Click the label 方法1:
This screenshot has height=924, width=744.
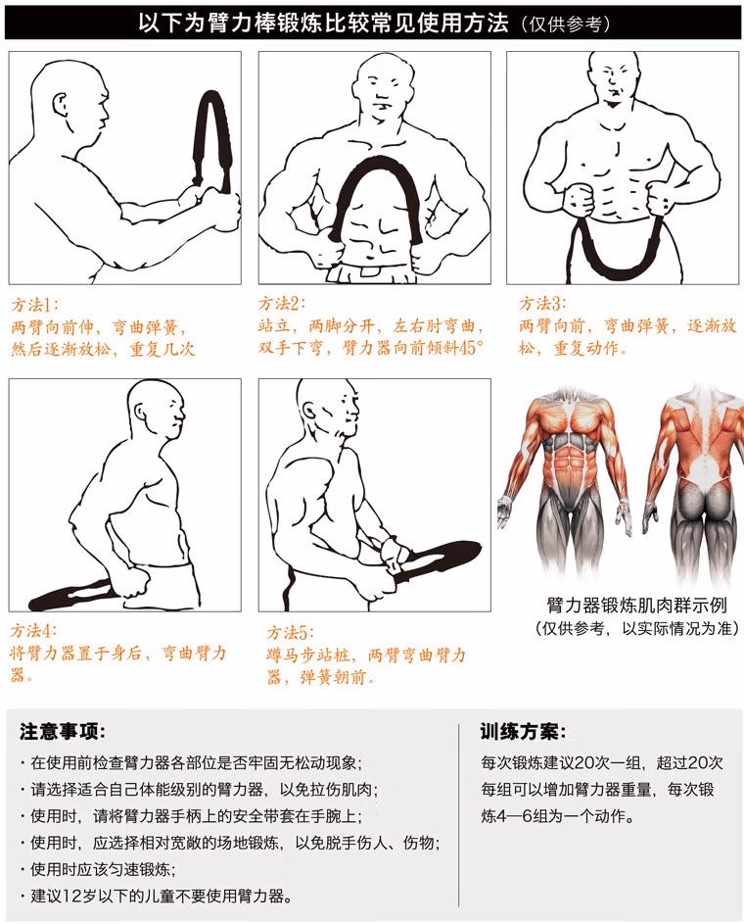point(34,305)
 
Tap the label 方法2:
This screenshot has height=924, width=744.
point(281,304)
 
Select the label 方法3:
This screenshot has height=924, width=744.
point(542,304)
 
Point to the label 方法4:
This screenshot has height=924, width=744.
point(33,631)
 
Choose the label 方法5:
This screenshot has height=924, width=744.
point(290,632)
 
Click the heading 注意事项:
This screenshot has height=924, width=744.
point(62,731)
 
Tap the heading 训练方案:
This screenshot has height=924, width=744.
point(523,731)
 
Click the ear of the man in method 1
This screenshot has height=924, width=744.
point(61,107)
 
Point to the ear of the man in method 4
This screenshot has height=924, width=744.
point(141,412)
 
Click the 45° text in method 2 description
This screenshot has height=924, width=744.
point(471,348)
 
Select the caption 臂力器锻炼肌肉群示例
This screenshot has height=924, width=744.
point(636,606)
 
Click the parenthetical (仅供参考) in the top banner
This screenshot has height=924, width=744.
point(565,24)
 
